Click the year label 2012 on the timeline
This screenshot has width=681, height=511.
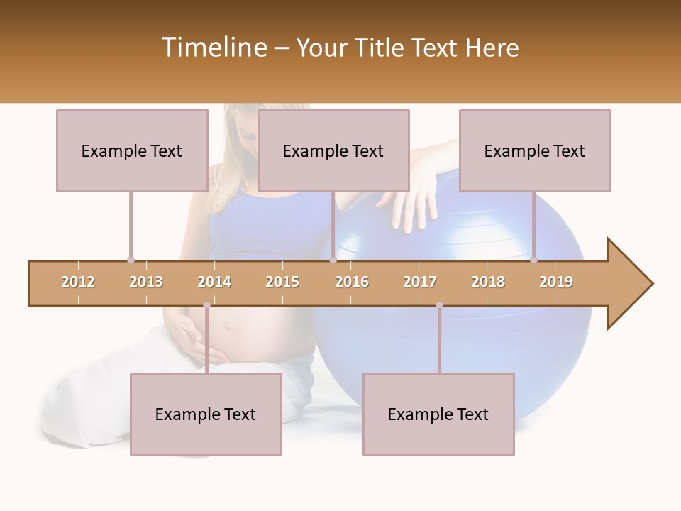click(x=78, y=282)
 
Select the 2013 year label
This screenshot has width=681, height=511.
click(x=146, y=282)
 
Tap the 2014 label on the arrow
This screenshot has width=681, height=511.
click(x=214, y=282)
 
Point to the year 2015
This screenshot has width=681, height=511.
click(x=282, y=282)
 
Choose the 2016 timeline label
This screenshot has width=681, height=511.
click(x=352, y=282)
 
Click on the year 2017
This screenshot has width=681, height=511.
click(x=420, y=282)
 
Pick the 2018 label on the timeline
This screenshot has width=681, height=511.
click(x=488, y=282)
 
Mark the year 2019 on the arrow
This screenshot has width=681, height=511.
click(x=556, y=282)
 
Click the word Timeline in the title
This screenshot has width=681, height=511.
click(x=214, y=48)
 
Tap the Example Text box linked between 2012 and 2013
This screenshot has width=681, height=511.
click(x=132, y=150)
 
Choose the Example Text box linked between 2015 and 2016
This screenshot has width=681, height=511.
click(x=333, y=150)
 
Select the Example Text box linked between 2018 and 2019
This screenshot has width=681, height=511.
click(x=535, y=150)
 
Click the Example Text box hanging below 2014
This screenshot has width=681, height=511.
click(x=206, y=414)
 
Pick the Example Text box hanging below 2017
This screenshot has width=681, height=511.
click(x=438, y=414)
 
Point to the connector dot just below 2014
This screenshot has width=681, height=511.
click(x=206, y=305)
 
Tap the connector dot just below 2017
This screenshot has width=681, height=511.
click(x=439, y=305)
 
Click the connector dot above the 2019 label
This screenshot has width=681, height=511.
click(x=533, y=260)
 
